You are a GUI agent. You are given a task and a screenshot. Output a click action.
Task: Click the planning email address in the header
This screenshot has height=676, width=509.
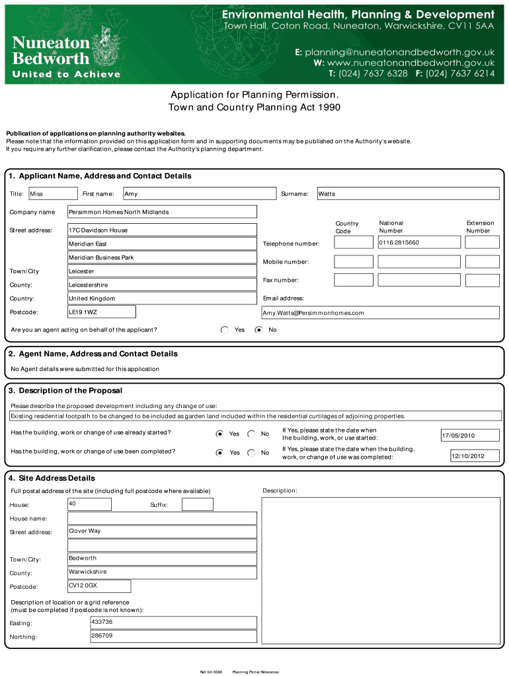tap(399, 51)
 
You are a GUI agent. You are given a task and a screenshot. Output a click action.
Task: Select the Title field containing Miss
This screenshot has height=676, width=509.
tap(44, 193)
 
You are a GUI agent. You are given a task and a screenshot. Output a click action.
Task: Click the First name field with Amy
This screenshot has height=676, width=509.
tap(198, 193)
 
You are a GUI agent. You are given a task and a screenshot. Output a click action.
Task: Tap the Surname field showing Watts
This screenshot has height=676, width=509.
tap(408, 193)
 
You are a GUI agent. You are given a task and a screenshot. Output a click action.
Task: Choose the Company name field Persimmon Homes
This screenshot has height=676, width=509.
tap(162, 212)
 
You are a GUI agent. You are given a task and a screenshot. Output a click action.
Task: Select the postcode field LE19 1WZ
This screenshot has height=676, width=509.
tap(102, 312)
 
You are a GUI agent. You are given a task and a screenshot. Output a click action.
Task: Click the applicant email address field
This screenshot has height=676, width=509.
tap(380, 312)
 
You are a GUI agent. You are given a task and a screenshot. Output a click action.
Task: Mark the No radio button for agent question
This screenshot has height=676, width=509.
tap(258, 329)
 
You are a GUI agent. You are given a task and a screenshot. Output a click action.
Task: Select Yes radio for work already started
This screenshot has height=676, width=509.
tap(219, 434)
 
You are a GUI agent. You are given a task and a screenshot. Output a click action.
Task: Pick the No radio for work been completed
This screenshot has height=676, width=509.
tap(251, 452)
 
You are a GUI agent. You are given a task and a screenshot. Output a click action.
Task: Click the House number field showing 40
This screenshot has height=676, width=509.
tap(89, 504)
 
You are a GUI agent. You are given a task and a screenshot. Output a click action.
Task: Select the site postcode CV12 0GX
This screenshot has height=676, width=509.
tap(99, 586)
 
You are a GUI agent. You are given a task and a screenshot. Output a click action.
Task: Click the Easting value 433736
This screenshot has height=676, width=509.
tap(173, 622)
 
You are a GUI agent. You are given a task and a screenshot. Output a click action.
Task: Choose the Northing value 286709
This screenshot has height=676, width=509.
tap(173, 636)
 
